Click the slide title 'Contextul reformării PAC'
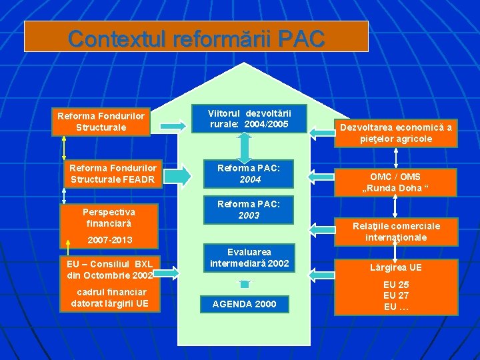(x=196, y=38)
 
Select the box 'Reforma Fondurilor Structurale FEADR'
(x=113, y=174)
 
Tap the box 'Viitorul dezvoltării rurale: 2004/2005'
(x=249, y=118)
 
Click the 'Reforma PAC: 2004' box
(x=249, y=174)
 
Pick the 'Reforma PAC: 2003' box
(x=249, y=209)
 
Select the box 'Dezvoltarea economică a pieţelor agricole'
(x=395, y=133)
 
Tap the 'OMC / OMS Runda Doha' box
(x=395, y=182)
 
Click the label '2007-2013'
(x=109, y=240)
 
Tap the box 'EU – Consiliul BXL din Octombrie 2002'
(x=110, y=269)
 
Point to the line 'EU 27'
(x=396, y=295)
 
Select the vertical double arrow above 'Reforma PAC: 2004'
(x=245, y=145)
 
